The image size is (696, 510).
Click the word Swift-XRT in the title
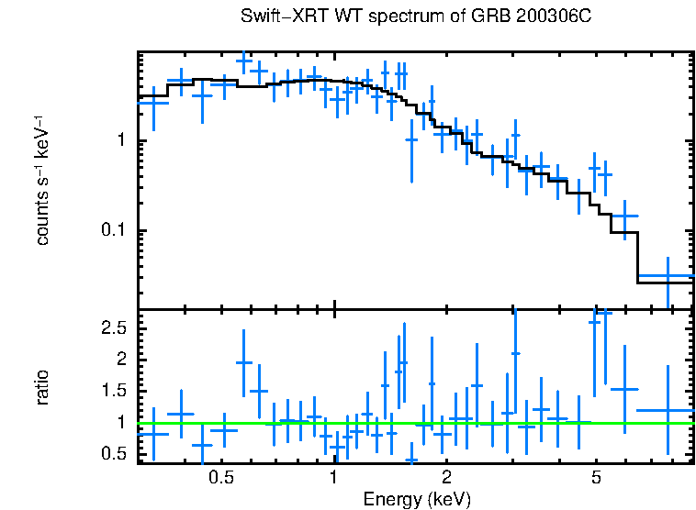click(275, 17)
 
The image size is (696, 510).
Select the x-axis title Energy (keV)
click(417, 499)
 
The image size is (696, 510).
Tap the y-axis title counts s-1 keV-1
click(42, 180)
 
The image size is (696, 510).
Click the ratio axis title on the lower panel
click(42, 388)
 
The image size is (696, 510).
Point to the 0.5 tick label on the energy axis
click(220, 478)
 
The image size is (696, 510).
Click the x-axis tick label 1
click(334, 478)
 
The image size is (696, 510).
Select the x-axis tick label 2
click(446, 478)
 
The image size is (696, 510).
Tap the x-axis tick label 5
click(596, 478)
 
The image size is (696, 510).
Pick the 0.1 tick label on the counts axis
click(112, 230)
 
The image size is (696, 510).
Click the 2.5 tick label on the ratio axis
click(113, 327)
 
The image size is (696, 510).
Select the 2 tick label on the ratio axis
click(120, 360)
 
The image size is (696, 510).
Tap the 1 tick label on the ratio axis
click(120, 423)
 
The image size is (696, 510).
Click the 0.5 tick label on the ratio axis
click(113, 454)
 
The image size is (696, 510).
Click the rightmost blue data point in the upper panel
click(668, 275)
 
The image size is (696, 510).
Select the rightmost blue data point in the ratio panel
click(668, 410)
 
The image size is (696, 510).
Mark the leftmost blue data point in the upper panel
click(153, 103)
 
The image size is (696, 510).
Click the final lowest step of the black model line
click(665, 283)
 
